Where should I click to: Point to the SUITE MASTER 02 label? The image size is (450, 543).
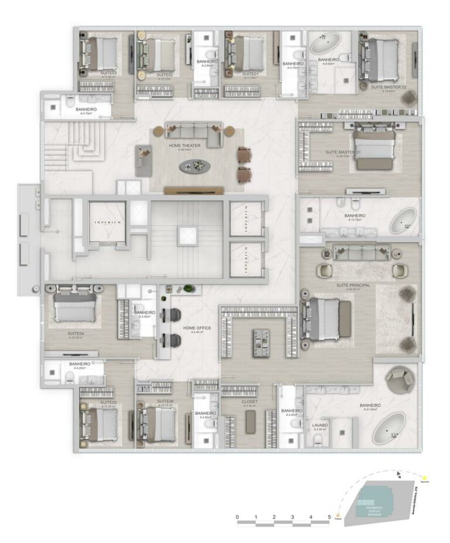[388, 86]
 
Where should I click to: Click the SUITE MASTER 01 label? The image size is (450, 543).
[343, 152]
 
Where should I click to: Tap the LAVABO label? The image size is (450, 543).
[320, 425]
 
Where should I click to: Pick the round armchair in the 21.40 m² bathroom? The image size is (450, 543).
[401, 378]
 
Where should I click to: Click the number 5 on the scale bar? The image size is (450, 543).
[329, 517]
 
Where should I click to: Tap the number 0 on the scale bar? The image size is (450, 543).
[237, 517]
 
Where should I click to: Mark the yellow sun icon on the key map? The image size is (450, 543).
[423, 478]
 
